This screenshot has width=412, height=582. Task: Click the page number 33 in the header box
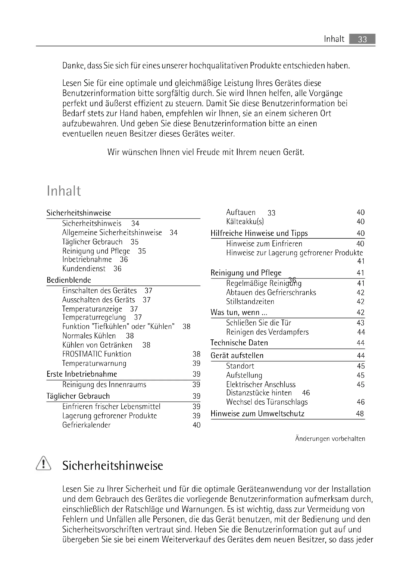pos(362,39)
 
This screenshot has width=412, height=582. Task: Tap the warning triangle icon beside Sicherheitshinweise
pos(43,463)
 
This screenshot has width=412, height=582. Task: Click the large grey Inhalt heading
pos(64,191)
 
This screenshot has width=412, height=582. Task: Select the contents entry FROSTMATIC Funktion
pos(97,354)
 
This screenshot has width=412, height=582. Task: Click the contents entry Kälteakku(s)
pos(245,222)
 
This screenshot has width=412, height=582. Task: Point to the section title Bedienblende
pos(69,280)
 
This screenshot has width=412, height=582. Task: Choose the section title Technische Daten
pos(239,343)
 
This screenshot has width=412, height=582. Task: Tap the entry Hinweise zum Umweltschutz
pos(257,414)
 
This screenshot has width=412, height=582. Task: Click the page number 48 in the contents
pos(360,414)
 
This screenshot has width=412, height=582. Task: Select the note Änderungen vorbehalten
pos(330,439)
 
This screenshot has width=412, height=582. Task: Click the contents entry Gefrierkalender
pos(86,425)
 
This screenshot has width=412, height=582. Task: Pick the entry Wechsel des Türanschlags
pos(267,402)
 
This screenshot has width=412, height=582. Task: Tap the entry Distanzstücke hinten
pos(259,393)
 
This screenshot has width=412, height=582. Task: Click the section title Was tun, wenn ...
pos(239,313)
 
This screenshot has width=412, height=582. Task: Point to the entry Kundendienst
pos(84,269)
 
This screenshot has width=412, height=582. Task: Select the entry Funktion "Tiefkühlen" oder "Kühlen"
pos(119,326)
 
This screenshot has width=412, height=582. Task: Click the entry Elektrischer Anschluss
pos(261,384)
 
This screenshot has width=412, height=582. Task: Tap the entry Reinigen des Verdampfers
pos(267,332)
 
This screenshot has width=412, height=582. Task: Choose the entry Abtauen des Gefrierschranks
pos(271,293)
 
